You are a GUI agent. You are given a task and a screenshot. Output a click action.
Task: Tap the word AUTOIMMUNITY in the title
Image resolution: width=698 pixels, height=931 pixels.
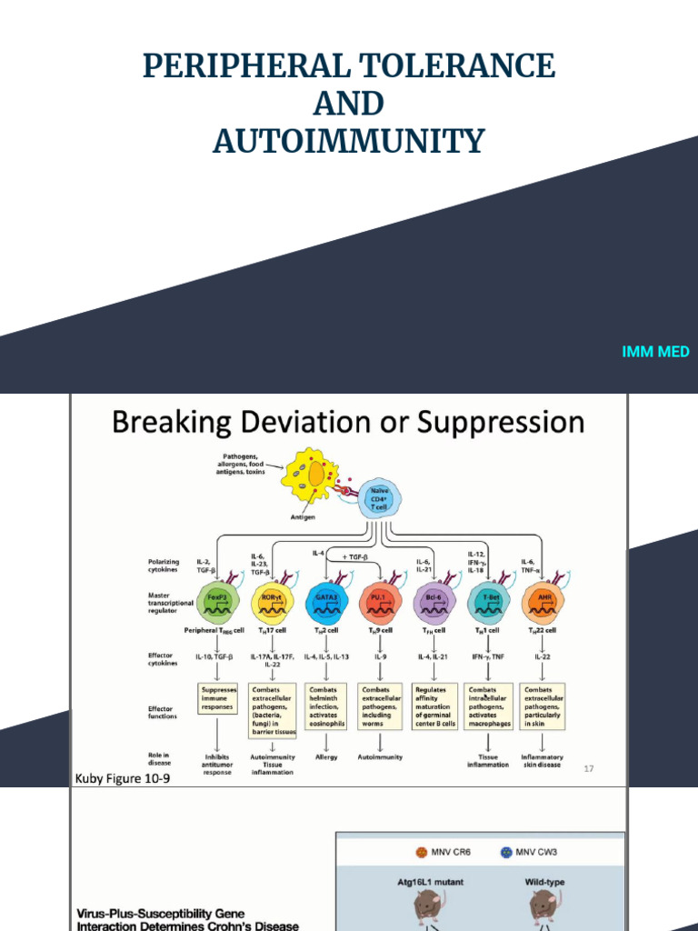[x=349, y=141]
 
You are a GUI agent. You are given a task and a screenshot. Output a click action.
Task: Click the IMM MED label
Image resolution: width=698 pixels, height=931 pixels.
[x=655, y=352]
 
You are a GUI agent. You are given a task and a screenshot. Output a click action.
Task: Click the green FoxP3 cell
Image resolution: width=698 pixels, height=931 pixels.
[x=218, y=599]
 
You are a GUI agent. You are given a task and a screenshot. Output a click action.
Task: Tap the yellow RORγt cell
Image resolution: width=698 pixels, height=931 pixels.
[x=272, y=599]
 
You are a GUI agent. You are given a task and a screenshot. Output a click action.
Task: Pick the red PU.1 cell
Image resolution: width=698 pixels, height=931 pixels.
[x=380, y=599]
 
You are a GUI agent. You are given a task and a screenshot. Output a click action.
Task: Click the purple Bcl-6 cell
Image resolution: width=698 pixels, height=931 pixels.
[x=434, y=599]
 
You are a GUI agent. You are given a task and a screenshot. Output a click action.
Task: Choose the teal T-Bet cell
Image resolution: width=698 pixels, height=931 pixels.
[x=488, y=599]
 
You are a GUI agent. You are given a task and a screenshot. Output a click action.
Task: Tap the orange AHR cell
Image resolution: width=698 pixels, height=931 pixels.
[x=542, y=599]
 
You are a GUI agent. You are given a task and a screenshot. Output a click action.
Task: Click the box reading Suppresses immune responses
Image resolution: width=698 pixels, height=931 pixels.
[x=218, y=698]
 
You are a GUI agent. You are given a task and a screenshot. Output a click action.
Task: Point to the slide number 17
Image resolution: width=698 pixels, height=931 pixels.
[x=589, y=768]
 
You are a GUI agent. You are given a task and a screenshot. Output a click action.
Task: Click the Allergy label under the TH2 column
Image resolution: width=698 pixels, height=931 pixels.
[x=326, y=756]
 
